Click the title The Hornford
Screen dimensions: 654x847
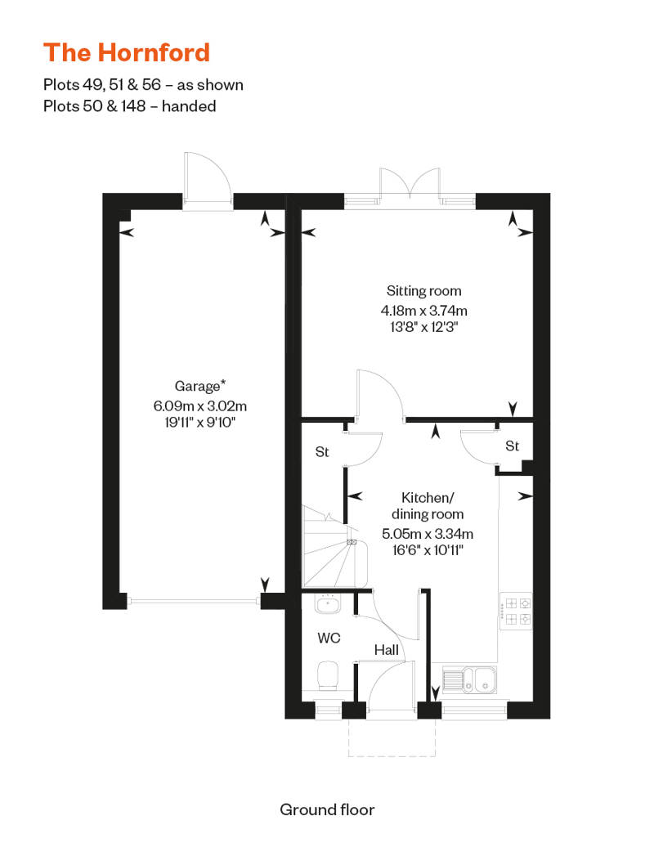(127, 52)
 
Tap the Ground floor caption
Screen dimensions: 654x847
(327, 809)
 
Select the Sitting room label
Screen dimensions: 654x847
(424, 290)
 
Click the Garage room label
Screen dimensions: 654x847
(199, 386)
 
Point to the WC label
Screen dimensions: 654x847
(329, 638)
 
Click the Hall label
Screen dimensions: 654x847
(387, 650)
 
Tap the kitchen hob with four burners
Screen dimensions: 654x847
(517, 611)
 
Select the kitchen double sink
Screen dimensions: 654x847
(470, 679)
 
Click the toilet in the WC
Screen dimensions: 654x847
(328, 675)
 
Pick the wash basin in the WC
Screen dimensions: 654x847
(328, 604)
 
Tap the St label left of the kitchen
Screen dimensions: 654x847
(322, 451)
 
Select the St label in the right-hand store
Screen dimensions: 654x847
(512, 446)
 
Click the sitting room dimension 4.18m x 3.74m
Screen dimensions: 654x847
(424, 311)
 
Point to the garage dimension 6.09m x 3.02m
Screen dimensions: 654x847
(199, 406)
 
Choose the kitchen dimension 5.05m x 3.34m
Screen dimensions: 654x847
(428, 534)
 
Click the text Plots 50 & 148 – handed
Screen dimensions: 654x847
(130, 106)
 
